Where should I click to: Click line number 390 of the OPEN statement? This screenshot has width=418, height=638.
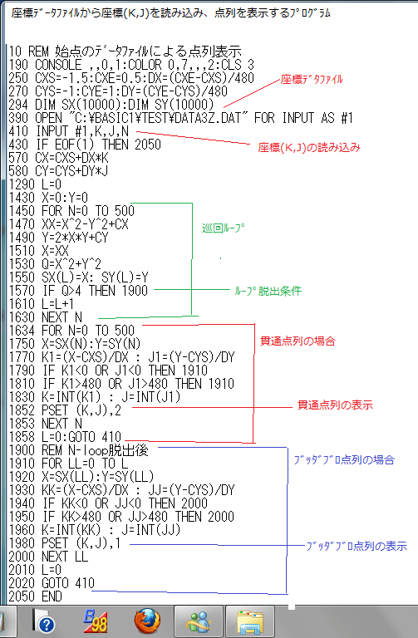coord(18,118)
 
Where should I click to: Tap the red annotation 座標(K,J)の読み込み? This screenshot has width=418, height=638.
coord(309,147)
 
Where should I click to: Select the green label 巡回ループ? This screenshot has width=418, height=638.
coord(223,228)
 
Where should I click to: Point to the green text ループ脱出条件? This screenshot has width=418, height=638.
coord(268,291)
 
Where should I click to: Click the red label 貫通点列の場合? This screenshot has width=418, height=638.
coord(298,341)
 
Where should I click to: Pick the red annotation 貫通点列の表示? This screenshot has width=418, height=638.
coord(335,405)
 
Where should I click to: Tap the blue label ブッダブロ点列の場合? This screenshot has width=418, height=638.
coord(344,459)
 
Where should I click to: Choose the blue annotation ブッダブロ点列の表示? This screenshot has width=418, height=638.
coord(357,546)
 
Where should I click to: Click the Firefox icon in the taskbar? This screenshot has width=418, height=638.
coord(147,621)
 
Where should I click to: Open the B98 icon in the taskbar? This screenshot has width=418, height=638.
coord(96,621)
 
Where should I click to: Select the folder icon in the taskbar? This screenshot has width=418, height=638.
coord(249,621)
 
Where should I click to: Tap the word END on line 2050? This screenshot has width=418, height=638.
coord(52,596)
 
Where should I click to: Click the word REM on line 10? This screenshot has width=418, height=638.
coord(38,52)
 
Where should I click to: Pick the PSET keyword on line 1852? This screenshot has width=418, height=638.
coord(55,410)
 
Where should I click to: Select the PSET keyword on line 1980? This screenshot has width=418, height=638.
coord(55,543)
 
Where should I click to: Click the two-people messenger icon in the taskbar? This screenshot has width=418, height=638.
coord(199,621)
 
